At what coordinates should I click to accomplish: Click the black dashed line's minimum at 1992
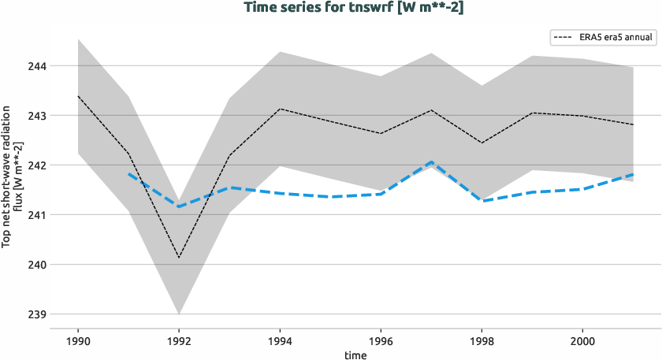[179, 257]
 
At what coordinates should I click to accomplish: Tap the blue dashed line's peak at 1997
[431, 162]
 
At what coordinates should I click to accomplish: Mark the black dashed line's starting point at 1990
[78, 96]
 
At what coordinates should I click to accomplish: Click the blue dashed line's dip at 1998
[482, 201]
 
